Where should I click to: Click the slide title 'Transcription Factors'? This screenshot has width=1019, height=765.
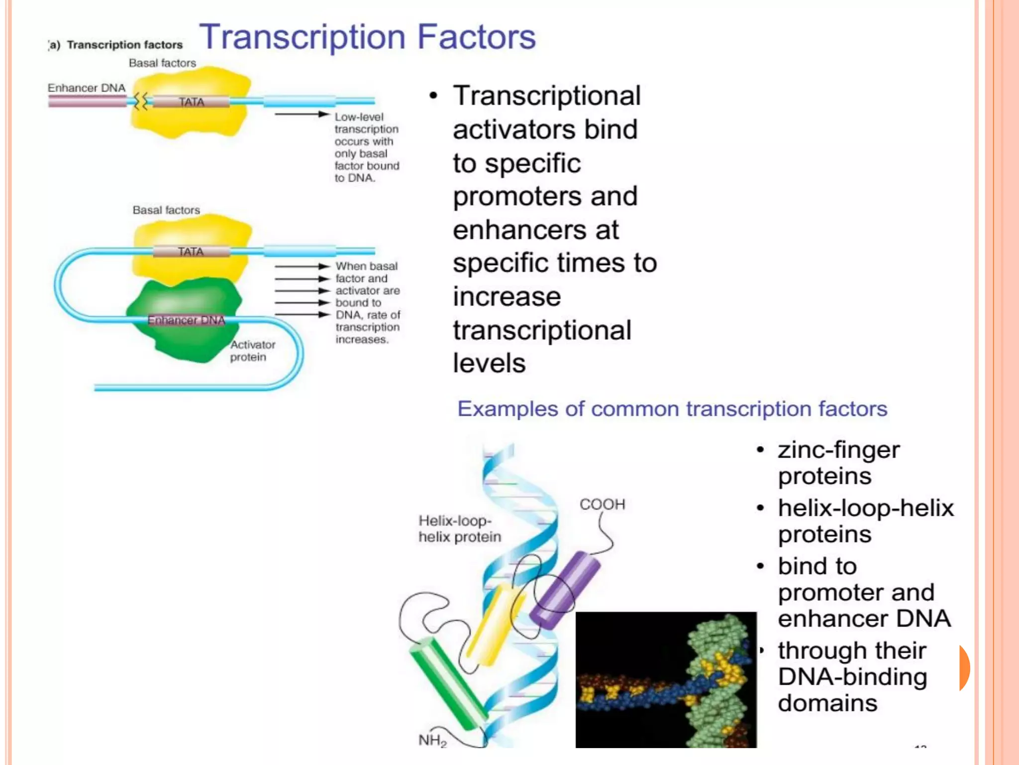tap(367, 37)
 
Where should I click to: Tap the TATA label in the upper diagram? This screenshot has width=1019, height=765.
tap(192, 102)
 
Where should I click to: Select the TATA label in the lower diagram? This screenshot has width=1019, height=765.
tap(191, 252)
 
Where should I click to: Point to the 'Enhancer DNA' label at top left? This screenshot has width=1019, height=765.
tap(87, 88)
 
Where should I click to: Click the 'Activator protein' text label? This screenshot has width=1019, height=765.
tap(252, 351)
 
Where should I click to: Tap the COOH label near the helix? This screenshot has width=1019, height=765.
tap(602, 505)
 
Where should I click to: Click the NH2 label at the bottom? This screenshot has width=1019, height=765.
tap(432, 740)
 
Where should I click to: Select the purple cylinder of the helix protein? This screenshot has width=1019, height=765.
tap(565, 590)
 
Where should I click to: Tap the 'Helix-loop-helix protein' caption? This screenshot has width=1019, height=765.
tap(459, 528)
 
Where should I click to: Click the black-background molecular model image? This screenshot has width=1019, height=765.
tap(666, 679)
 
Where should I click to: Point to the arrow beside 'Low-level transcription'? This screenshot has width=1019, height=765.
tap(302, 115)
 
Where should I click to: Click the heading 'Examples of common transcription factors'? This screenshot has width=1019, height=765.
tap(672, 409)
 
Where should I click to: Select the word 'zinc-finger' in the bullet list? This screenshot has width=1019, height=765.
tap(839, 450)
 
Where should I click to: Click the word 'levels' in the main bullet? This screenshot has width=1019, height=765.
tap(489, 363)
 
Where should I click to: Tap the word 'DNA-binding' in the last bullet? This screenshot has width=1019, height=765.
tap(852, 677)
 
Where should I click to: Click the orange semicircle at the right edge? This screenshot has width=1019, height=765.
tap(964, 668)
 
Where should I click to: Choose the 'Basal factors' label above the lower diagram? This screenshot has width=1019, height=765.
tap(166, 210)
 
